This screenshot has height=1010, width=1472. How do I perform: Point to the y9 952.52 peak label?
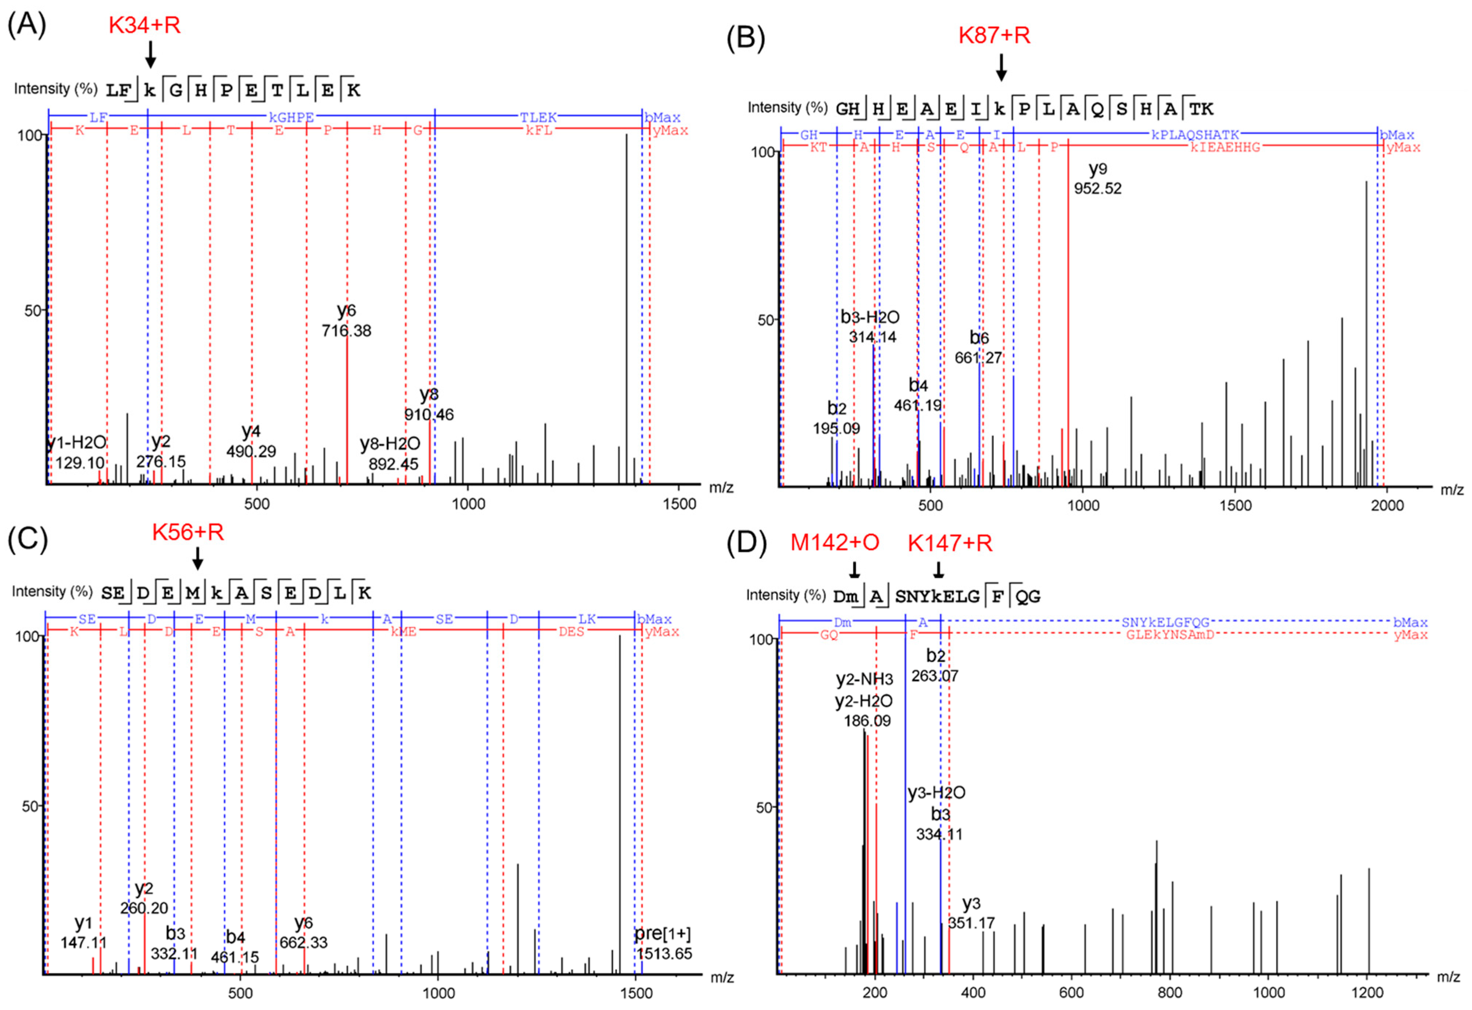tap(1097, 179)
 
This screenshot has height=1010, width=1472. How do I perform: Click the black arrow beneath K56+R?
tap(197, 558)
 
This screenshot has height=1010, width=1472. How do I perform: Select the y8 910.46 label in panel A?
tap(429, 405)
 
